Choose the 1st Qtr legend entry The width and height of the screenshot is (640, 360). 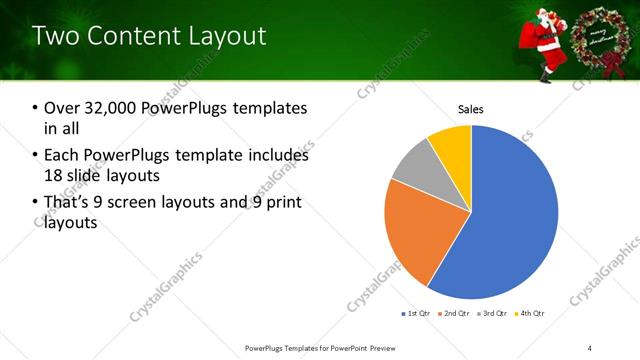coord(418,314)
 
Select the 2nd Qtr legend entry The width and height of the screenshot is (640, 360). coord(457,314)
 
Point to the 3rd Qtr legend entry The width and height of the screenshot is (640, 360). coord(495,314)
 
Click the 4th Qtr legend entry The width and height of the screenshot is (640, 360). coord(531,314)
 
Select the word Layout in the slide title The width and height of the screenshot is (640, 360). coord(223,36)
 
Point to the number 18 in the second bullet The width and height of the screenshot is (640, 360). coord(54,175)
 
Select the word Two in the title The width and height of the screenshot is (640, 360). coord(55,36)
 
